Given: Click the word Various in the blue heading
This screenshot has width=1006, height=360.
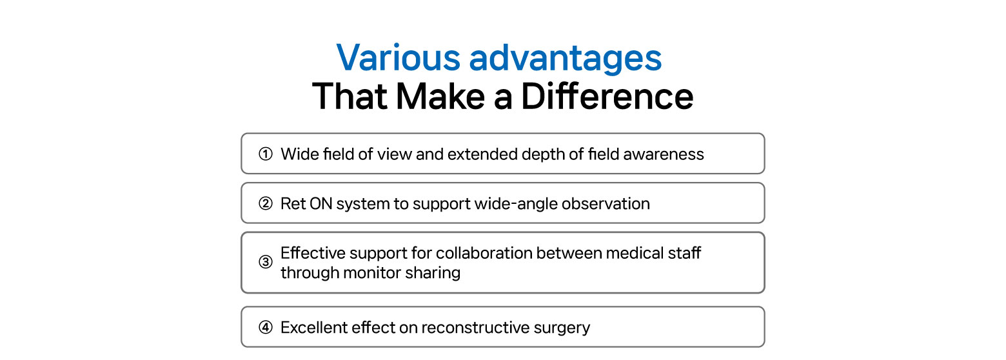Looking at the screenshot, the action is pos(399,57).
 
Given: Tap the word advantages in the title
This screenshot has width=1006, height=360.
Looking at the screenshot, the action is pos(566,59).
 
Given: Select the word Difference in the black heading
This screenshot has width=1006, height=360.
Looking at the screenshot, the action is pos(607,96).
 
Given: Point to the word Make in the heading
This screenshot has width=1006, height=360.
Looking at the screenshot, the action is pos(440,96).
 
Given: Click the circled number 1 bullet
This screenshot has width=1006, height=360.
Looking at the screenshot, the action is pos(266,154).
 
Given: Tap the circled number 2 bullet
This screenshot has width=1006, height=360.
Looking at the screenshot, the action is pos(266,204).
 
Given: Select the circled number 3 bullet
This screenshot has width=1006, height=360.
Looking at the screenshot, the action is pos(266,261).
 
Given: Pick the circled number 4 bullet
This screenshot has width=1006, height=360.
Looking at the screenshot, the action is pos(266,327).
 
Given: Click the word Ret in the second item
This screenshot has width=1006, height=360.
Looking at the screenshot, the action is pos(293,204).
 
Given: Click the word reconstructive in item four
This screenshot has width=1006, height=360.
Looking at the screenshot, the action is pos(476,327).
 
